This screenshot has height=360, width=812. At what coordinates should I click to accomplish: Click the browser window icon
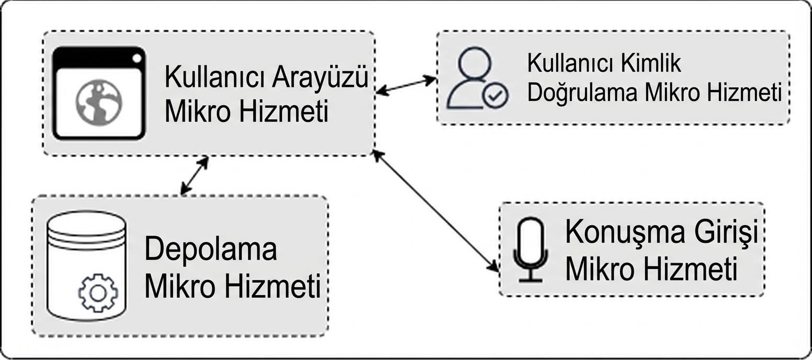pyautogui.click(x=98, y=94)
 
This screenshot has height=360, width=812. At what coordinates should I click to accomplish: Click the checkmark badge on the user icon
pyautogui.click(x=494, y=96)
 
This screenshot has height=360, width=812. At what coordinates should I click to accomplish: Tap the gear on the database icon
pyautogui.click(x=98, y=292)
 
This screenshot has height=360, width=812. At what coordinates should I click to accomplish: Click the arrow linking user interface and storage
pyautogui.click(x=194, y=175)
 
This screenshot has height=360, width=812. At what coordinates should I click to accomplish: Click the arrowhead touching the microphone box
pyautogui.click(x=493, y=266)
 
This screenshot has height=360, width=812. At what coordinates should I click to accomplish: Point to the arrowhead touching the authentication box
pyautogui.click(x=431, y=80)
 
